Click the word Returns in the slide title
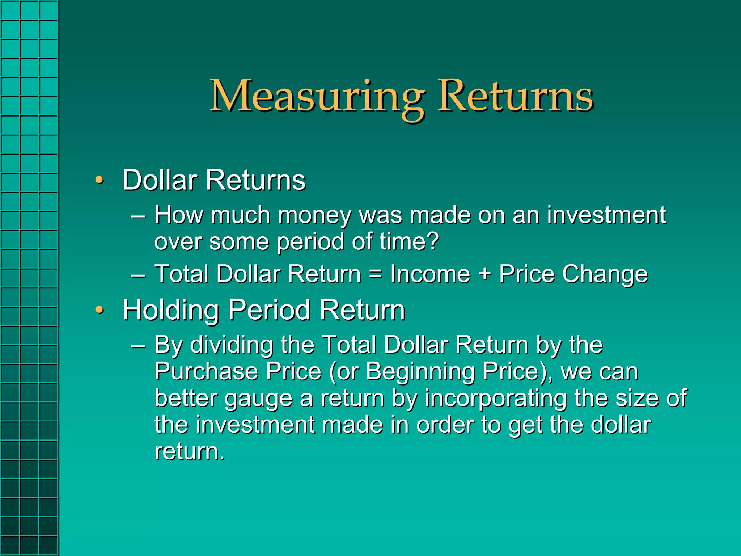(x=515, y=96)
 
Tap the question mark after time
(x=432, y=241)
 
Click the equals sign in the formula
(x=376, y=274)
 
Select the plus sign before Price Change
(x=485, y=274)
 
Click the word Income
(x=430, y=274)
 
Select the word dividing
(x=232, y=345)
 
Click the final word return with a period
(x=189, y=451)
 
